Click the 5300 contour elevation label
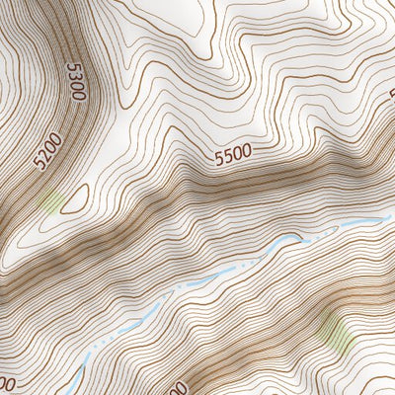coord(75,82)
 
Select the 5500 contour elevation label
coord(232,153)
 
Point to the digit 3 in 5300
coord(75,78)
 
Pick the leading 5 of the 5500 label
coord(217,156)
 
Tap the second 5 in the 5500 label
coord(227,154)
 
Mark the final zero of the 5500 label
coord(247,150)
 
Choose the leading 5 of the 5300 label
coord(72,67)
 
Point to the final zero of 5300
coord(78,97)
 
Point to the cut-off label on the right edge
coord(389,99)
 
